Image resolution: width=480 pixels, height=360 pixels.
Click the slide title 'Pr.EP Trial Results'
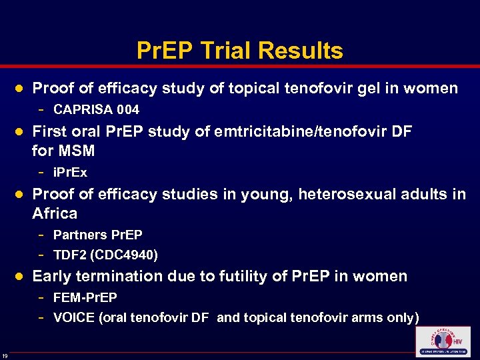239,51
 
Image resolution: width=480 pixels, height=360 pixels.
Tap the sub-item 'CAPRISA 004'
96,109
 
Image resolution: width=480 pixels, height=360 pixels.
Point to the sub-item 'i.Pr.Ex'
70,173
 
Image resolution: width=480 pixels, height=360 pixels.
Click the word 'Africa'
55,214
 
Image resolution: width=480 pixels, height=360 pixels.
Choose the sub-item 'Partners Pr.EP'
97,235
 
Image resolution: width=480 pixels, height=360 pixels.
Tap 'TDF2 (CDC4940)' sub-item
105,255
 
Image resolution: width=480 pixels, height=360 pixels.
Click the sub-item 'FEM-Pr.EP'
85,297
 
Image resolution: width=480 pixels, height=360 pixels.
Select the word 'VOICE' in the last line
74,317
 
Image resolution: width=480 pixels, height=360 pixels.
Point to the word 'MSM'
76,151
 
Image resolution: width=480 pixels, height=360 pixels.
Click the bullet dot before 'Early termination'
20,276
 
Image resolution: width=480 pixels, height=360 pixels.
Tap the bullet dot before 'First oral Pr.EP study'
20,132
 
